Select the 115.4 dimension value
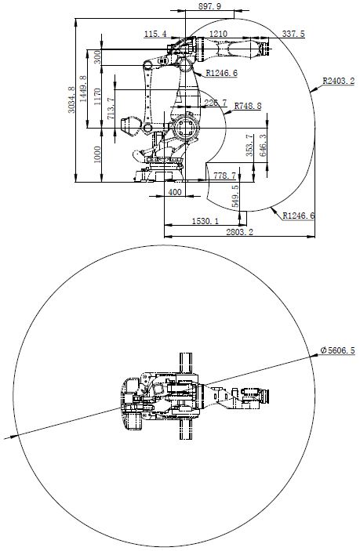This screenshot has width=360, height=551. tap(156, 34)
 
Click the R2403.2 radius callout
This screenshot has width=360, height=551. tap(338, 80)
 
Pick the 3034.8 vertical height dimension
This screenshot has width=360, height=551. tap(72, 100)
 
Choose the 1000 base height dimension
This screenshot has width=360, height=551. tap(98, 154)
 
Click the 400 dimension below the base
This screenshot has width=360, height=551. tap(174, 192)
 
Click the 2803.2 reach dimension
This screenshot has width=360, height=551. tap(239, 233)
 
